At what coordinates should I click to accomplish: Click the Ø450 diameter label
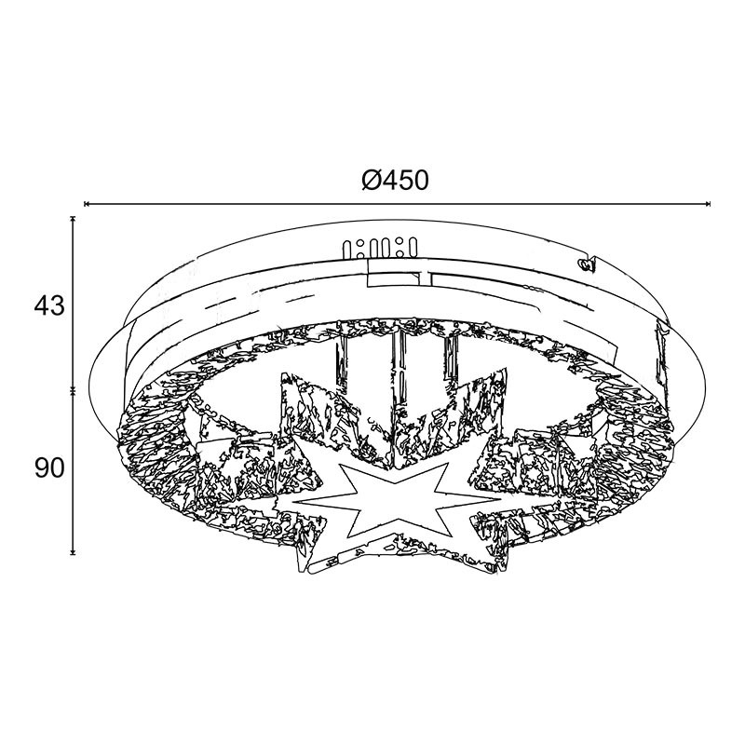coord(395,181)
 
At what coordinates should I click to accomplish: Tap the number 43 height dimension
coord(49,305)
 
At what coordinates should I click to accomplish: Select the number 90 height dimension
coord(49,469)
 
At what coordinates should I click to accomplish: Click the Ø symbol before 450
coord(371,181)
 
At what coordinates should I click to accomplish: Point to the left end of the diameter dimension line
coord(85,204)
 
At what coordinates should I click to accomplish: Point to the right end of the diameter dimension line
coord(710,204)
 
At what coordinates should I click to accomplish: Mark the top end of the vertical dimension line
coord(73,218)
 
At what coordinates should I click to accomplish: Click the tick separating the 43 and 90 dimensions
coord(73,390)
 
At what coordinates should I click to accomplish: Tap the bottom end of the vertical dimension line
coord(73,553)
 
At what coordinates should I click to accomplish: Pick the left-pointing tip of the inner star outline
coord(291,502)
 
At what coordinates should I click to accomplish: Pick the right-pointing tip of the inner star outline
coord(501,500)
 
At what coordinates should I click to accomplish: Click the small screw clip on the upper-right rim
coord(586,264)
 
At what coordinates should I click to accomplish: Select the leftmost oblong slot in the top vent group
coord(347,250)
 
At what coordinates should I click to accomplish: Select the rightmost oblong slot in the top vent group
coord(413,246)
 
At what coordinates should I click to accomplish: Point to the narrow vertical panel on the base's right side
coord(661,352)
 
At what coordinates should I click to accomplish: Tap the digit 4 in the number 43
coord(41,305)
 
